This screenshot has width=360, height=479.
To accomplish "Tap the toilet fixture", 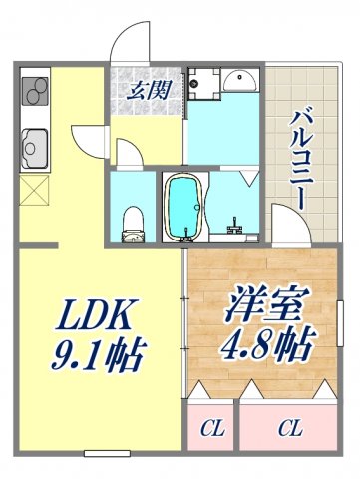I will (x=131, y=221).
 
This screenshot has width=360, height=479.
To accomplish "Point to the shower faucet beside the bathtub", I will (x=235, y=223).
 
